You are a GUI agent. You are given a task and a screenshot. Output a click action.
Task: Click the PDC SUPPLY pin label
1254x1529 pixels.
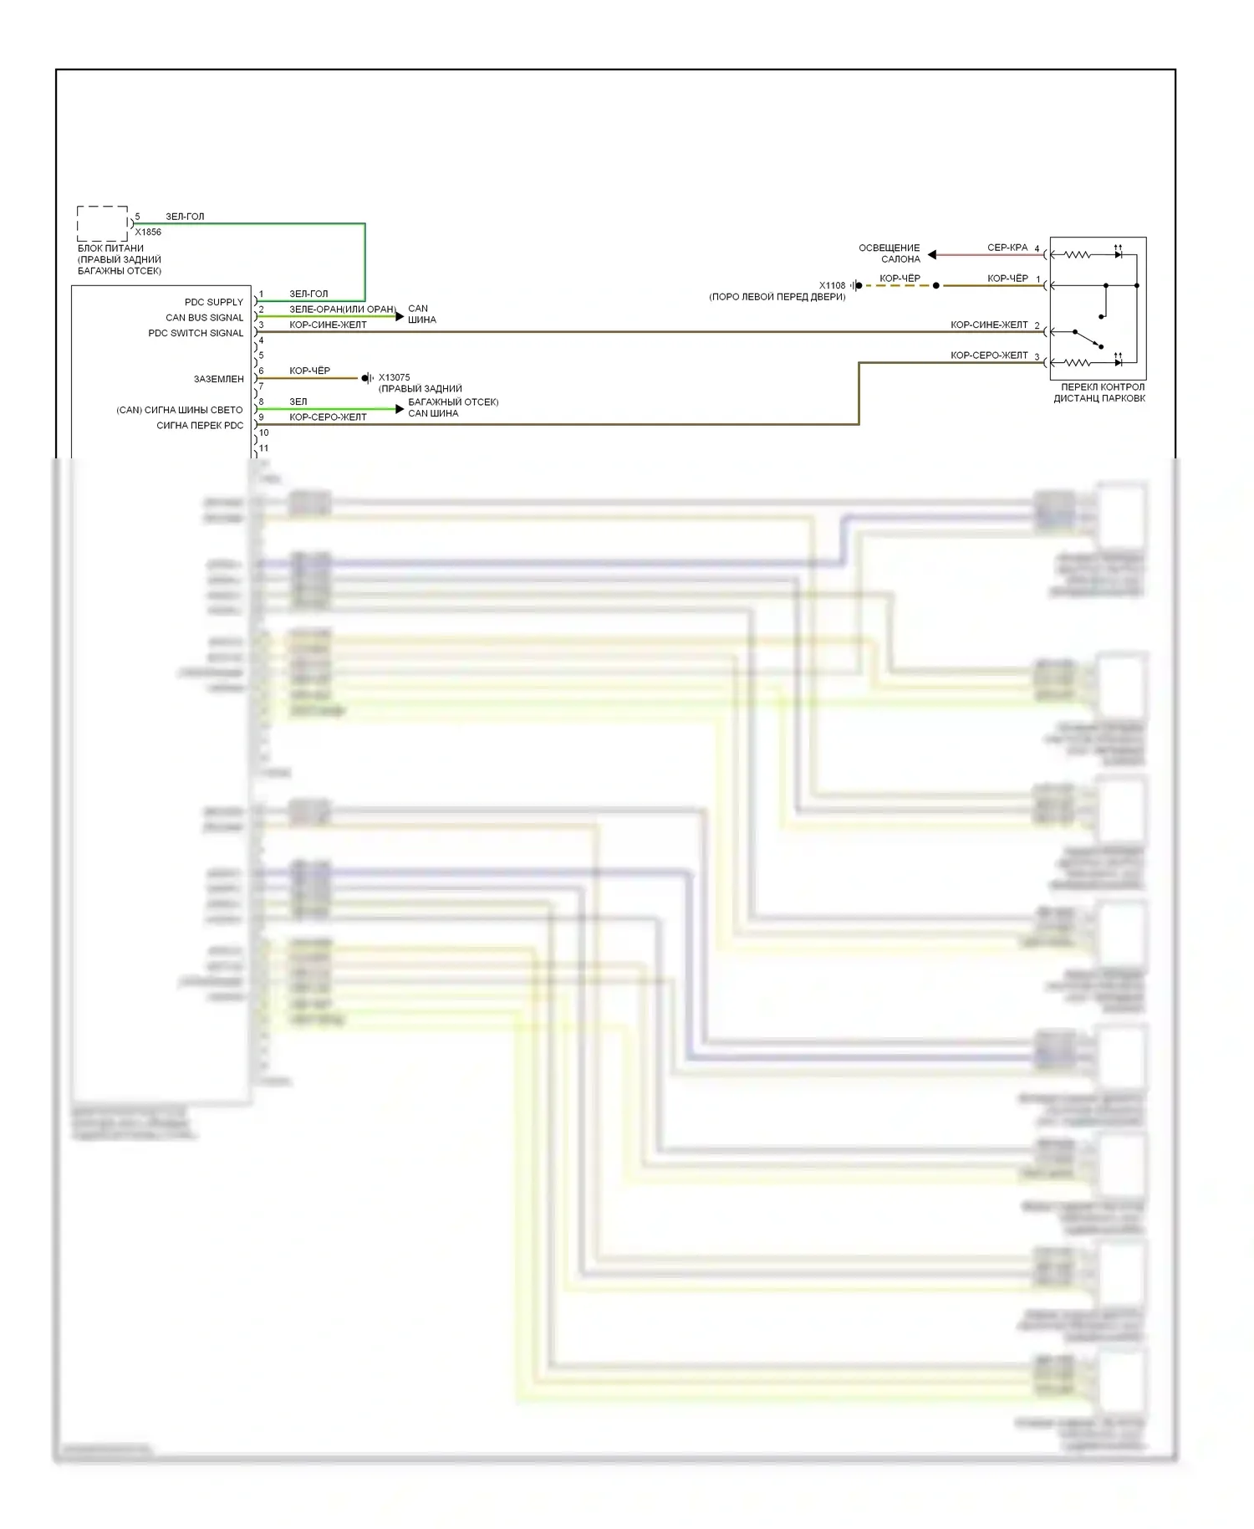click(x=213, y=302)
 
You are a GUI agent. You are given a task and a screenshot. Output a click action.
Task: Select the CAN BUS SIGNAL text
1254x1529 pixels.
click(x=204, y=318)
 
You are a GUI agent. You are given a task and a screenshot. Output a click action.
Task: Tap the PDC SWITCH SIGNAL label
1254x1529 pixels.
click(x=196, y=333)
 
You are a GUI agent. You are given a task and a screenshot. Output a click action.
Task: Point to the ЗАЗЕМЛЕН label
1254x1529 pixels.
click(x=219, y=379)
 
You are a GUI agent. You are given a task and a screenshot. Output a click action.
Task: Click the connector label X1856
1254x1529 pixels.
click(x=148, y=232)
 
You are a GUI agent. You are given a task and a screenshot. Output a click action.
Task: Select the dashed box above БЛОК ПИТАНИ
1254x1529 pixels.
click(x=103, y=223)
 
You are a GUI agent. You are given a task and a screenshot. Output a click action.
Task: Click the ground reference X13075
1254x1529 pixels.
click(x=394, y=377)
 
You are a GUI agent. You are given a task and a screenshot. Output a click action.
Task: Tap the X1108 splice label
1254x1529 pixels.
click(x=832, y=285)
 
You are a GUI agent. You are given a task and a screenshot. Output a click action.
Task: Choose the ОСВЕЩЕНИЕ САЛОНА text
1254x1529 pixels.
click(x=890, y=253)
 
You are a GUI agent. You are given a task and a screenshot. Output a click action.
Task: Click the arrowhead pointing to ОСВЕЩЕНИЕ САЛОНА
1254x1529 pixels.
click(x=932, y=254)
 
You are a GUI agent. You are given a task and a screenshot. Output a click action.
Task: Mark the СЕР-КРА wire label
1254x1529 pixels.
click(x=1007, y=248)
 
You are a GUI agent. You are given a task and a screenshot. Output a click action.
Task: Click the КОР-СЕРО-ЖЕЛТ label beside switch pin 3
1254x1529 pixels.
click(x=989, y=355)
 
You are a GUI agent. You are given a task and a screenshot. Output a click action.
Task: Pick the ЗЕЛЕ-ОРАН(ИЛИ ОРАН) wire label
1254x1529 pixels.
click(x=343, y=309)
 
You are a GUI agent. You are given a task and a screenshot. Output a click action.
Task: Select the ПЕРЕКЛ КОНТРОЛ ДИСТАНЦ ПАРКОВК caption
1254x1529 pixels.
click(x=1100, y=393)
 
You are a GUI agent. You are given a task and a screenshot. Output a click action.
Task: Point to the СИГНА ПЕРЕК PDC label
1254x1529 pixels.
click(x=200, y=426)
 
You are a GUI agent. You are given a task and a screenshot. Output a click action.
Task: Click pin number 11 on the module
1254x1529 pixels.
click(x=264, y=448)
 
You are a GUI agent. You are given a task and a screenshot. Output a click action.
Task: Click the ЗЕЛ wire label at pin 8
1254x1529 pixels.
click(x=298, y=401)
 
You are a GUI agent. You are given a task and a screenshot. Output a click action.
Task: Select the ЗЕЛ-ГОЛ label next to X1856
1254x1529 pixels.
click(x=185, y=217)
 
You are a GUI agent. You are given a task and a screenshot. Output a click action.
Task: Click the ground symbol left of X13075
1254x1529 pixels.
click(x=367, y=378)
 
